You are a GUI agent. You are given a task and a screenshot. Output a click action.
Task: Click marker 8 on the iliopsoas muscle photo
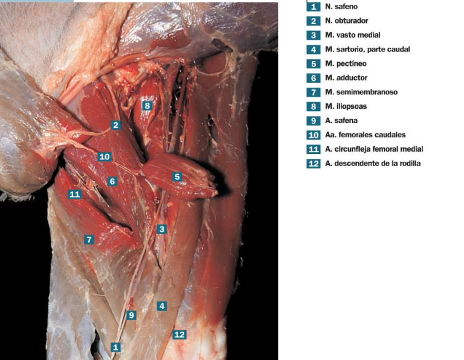pos(147,106)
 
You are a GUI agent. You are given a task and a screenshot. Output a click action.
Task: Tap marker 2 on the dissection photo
pos(116,125)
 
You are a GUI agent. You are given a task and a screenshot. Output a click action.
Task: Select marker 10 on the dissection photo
pos(105,156)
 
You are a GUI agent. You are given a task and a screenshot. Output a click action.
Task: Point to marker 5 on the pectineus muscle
pos(177,176)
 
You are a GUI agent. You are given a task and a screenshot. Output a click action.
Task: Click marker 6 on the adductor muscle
pos(112,181)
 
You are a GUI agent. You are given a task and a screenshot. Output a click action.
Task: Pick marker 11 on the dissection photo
pos(75,194)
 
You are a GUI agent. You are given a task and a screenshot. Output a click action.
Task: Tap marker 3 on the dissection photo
pos(161,229)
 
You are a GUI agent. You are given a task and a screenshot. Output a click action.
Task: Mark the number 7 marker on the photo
pos(89,239)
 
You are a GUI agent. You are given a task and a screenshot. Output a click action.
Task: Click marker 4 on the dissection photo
pos(161,306)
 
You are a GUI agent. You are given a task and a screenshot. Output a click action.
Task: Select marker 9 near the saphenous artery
pos(131,315)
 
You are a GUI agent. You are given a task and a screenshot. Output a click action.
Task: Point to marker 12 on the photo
pos(179,334)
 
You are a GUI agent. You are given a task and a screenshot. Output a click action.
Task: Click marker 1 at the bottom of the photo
pos(116,347)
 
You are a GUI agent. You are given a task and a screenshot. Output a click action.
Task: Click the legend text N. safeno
pos(341,7)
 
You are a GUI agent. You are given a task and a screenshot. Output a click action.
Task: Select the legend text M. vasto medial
pos(353,35)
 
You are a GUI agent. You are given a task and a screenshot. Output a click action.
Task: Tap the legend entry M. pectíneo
pos(346,63)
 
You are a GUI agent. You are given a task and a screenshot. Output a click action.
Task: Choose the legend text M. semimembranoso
pos(361,92)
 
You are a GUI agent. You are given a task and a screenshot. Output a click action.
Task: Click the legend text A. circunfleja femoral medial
pos(374,149)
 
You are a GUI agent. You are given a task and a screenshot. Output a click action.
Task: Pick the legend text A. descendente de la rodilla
pos(373,163)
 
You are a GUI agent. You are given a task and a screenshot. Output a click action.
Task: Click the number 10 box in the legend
pos(314,135)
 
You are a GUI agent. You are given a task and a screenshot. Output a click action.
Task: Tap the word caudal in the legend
pos(399,49)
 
